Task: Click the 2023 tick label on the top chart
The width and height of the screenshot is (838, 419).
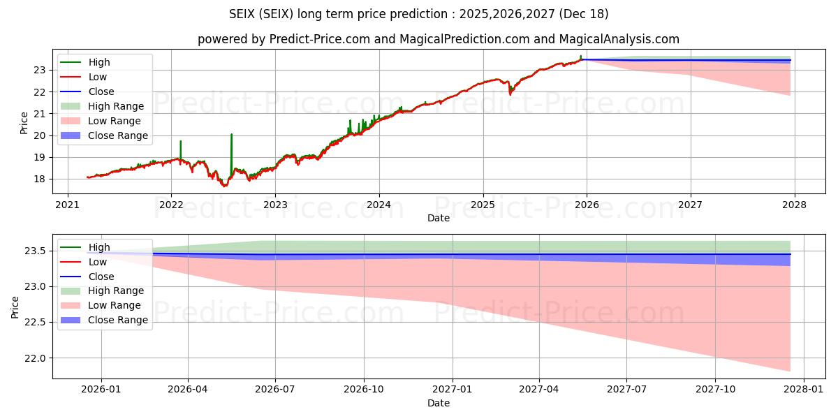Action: coord(275,205)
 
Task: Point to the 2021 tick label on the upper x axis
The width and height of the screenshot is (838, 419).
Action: coord(68,205)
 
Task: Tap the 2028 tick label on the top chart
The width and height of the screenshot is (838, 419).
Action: coord(795,205)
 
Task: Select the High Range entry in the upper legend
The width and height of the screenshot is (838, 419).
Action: coord(115,106)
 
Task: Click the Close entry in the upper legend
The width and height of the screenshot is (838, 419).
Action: coord(101,91)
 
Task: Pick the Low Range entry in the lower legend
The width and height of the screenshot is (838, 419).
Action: coord(114,305)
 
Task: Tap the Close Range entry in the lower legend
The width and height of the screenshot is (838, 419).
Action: coord(117,320)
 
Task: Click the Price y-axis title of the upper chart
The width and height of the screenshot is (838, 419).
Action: coord(24,123)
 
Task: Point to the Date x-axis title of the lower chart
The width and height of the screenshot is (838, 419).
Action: coord(439,403)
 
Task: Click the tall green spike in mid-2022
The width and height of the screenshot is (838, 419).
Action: coord(231,136)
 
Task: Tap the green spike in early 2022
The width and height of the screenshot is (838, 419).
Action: coord(180,143)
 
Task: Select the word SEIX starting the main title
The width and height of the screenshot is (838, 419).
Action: coord(243,14)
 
